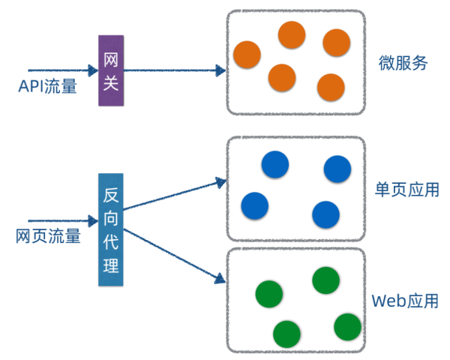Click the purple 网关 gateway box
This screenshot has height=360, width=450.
click(x=109, y=70)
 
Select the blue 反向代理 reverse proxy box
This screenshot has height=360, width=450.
click(x=110, y=229)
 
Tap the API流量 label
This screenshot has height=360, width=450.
click(x=48, y=87)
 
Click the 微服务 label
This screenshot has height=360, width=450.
click(x=403, y=63)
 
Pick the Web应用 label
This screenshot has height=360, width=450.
click(x=405, y=301)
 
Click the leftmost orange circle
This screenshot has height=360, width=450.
click(x=247, y=54)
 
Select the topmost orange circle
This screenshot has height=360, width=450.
click(x=292, y=34)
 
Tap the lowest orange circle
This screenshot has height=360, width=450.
click(x=330, y=87)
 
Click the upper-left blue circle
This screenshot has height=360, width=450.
click(x=275, y=164)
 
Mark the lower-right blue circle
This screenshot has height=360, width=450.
click(x=325, y=214)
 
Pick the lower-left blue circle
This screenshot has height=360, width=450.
click(x=255, y=205)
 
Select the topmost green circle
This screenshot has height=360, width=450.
click(x=326, y=280)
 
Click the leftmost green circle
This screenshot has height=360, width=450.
click(x=269, y=294)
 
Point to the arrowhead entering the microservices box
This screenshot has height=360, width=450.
click(x=220, y=70)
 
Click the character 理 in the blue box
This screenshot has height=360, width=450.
click(x=110, y=265)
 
